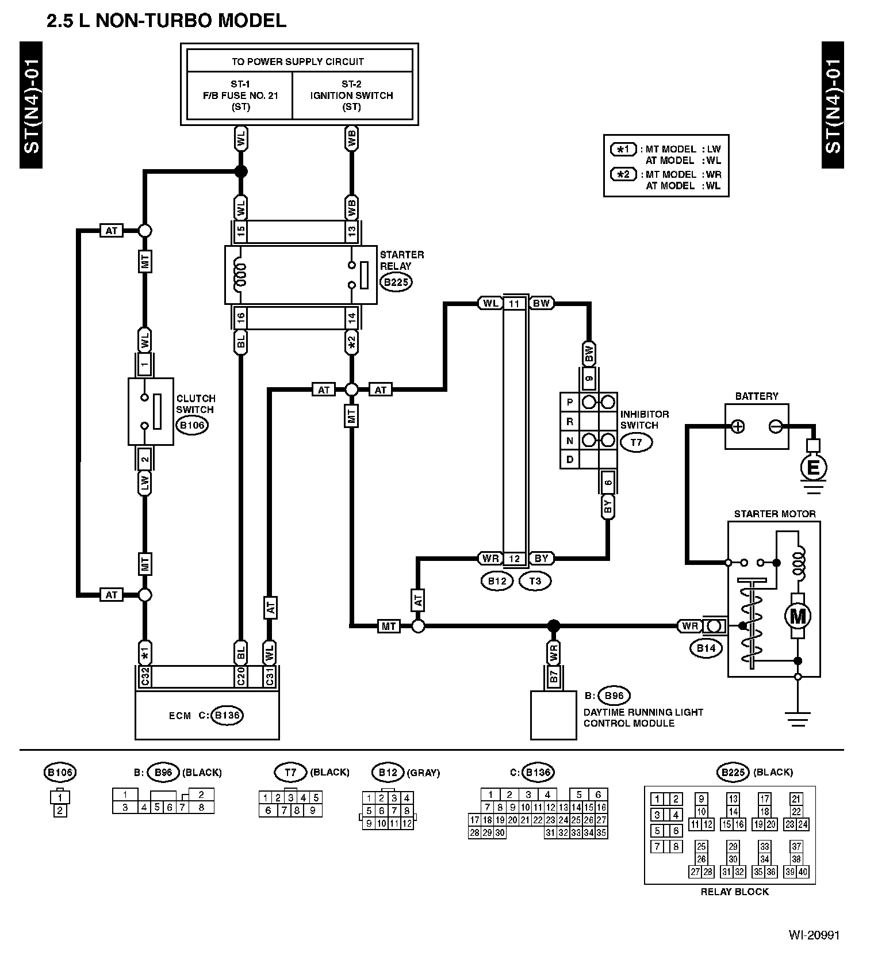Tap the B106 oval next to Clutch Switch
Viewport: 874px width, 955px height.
(192, 425)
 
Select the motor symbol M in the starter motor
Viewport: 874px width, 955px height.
(798, 617)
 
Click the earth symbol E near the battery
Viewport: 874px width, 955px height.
(813, 467)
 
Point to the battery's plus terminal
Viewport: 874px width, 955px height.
(738, 426)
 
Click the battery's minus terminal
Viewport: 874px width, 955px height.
(775, 426)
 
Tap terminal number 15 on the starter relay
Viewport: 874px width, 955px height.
(241, 231)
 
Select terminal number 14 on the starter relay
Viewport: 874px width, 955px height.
(351, 317)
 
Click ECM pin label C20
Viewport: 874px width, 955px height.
(241, 677)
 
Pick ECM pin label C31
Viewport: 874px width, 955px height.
(269, 677)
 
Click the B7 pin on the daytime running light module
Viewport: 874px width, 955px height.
(553, 677)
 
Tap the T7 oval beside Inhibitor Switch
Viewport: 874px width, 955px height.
(636, 442)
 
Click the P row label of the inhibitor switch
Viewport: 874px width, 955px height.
(570, 402)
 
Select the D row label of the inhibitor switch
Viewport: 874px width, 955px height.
(570, 460)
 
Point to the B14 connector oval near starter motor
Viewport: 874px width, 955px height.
(706, 648)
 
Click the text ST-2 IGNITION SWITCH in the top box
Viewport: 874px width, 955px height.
(351, 96)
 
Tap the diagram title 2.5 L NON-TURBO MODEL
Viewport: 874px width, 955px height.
(167, 21)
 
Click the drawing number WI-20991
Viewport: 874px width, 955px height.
(814, 935)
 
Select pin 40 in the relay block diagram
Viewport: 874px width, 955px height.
(803, 872)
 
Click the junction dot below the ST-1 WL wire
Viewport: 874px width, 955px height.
(241, 171)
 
